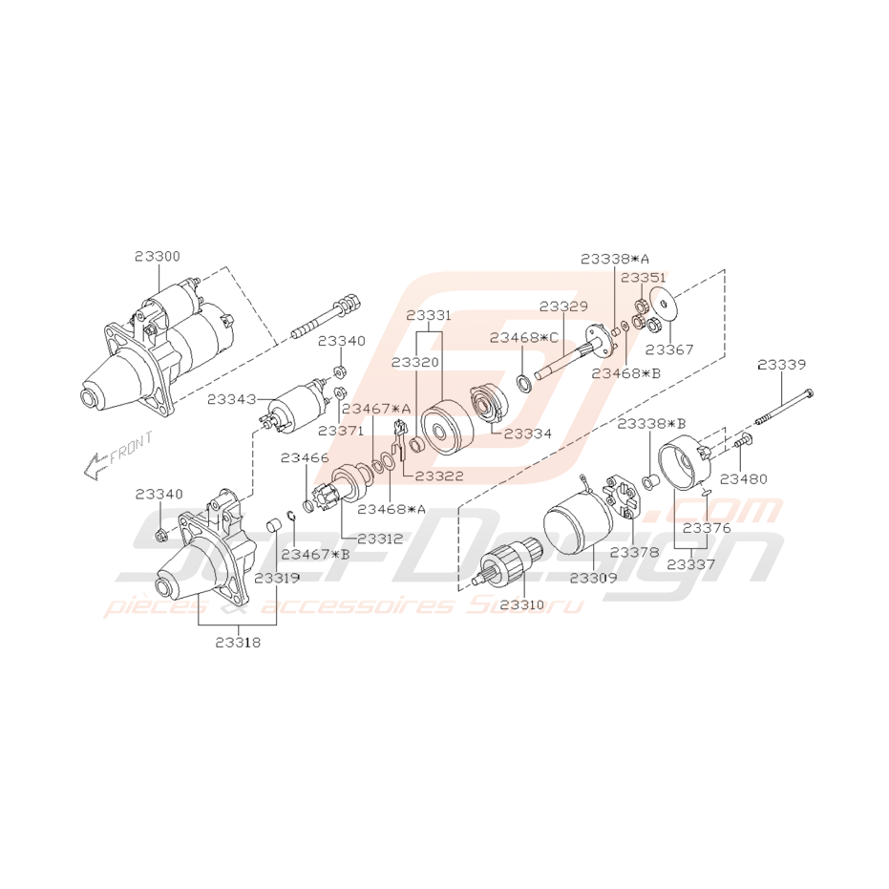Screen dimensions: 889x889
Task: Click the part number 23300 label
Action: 157,257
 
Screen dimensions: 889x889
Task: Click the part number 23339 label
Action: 781,365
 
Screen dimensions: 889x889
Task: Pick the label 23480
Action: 743,478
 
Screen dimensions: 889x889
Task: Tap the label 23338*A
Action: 614,259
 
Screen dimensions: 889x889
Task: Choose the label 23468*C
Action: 523,337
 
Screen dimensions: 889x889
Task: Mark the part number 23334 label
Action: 527,434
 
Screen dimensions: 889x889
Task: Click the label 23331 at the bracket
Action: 429,314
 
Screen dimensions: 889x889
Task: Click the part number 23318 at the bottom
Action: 237,643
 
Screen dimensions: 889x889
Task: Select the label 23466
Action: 305,458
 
